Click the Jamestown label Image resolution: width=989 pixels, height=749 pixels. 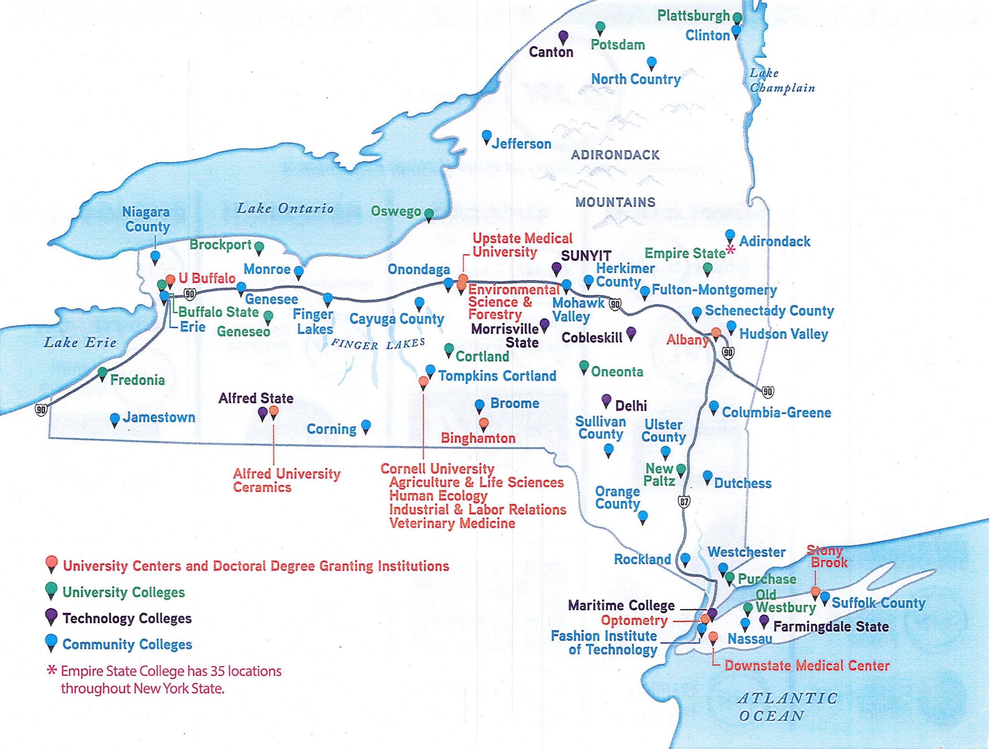[159, 418]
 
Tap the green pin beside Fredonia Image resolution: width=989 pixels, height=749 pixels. [102, 373]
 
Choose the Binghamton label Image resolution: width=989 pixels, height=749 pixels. [478, 438]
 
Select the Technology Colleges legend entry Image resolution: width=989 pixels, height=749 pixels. [127, 618]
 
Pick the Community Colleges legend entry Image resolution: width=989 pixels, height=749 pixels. [127, 644]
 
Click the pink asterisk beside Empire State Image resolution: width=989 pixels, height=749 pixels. [730, 250]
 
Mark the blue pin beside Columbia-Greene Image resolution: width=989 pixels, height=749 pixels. [714, 406]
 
